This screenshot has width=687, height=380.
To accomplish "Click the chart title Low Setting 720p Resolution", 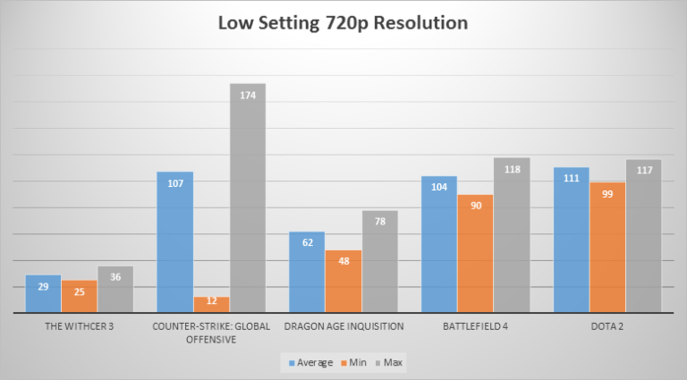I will pyautogui.click(x=343, y=22).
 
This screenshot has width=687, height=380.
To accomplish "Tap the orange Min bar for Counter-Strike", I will pyautogui.click(x=211, y=305).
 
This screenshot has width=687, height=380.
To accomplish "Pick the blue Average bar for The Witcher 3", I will pyautogui.click(x=43, y=298).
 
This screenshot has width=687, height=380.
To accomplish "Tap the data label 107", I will pyautogui.click(x=175, y=183).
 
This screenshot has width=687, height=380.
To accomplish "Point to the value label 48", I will pyautogui.click(x=343, y=262).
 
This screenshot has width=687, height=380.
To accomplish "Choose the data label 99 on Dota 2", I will pyautogui.click(x=607, y=193).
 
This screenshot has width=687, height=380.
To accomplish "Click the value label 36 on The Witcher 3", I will pyautogui.click(x=115, y=277).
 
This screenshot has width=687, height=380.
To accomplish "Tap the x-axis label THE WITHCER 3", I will pyautogui.click(x=79, y=326).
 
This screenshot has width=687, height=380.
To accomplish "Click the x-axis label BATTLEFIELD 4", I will pyautogui.click(x=475, y=326).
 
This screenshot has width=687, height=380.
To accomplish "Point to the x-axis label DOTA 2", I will pyautogui.click(x=607, y=326).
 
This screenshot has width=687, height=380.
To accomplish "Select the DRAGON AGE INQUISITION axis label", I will pyautogui.click(x=343, y=326).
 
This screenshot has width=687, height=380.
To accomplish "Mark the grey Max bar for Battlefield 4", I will pyautogui.click(x=511, y=236).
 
